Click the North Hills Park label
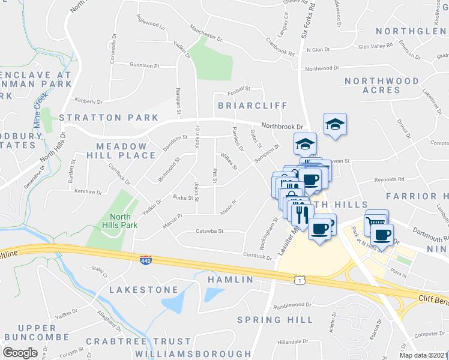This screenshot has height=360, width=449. pyautogui.click(x=123, y=221)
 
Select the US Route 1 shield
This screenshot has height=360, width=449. pyautogui.click(x=298, y=280)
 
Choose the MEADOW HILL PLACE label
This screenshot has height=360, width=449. pyautogui.click(x=122, y=151)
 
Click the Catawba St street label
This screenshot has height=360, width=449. pyautogui.click(x=210, y=230)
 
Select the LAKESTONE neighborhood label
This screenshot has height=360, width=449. pyautogui.click(x=144, y=290)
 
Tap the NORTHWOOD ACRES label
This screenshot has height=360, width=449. pyautogui.click(x=382, y=85)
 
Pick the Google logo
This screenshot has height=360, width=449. pyautogui.click(x=20, y=353)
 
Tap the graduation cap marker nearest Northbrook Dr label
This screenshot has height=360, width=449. pyautogui.click(x=335, y=124)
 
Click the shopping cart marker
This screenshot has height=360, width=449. pyautogui.click(x=376, y=221)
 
